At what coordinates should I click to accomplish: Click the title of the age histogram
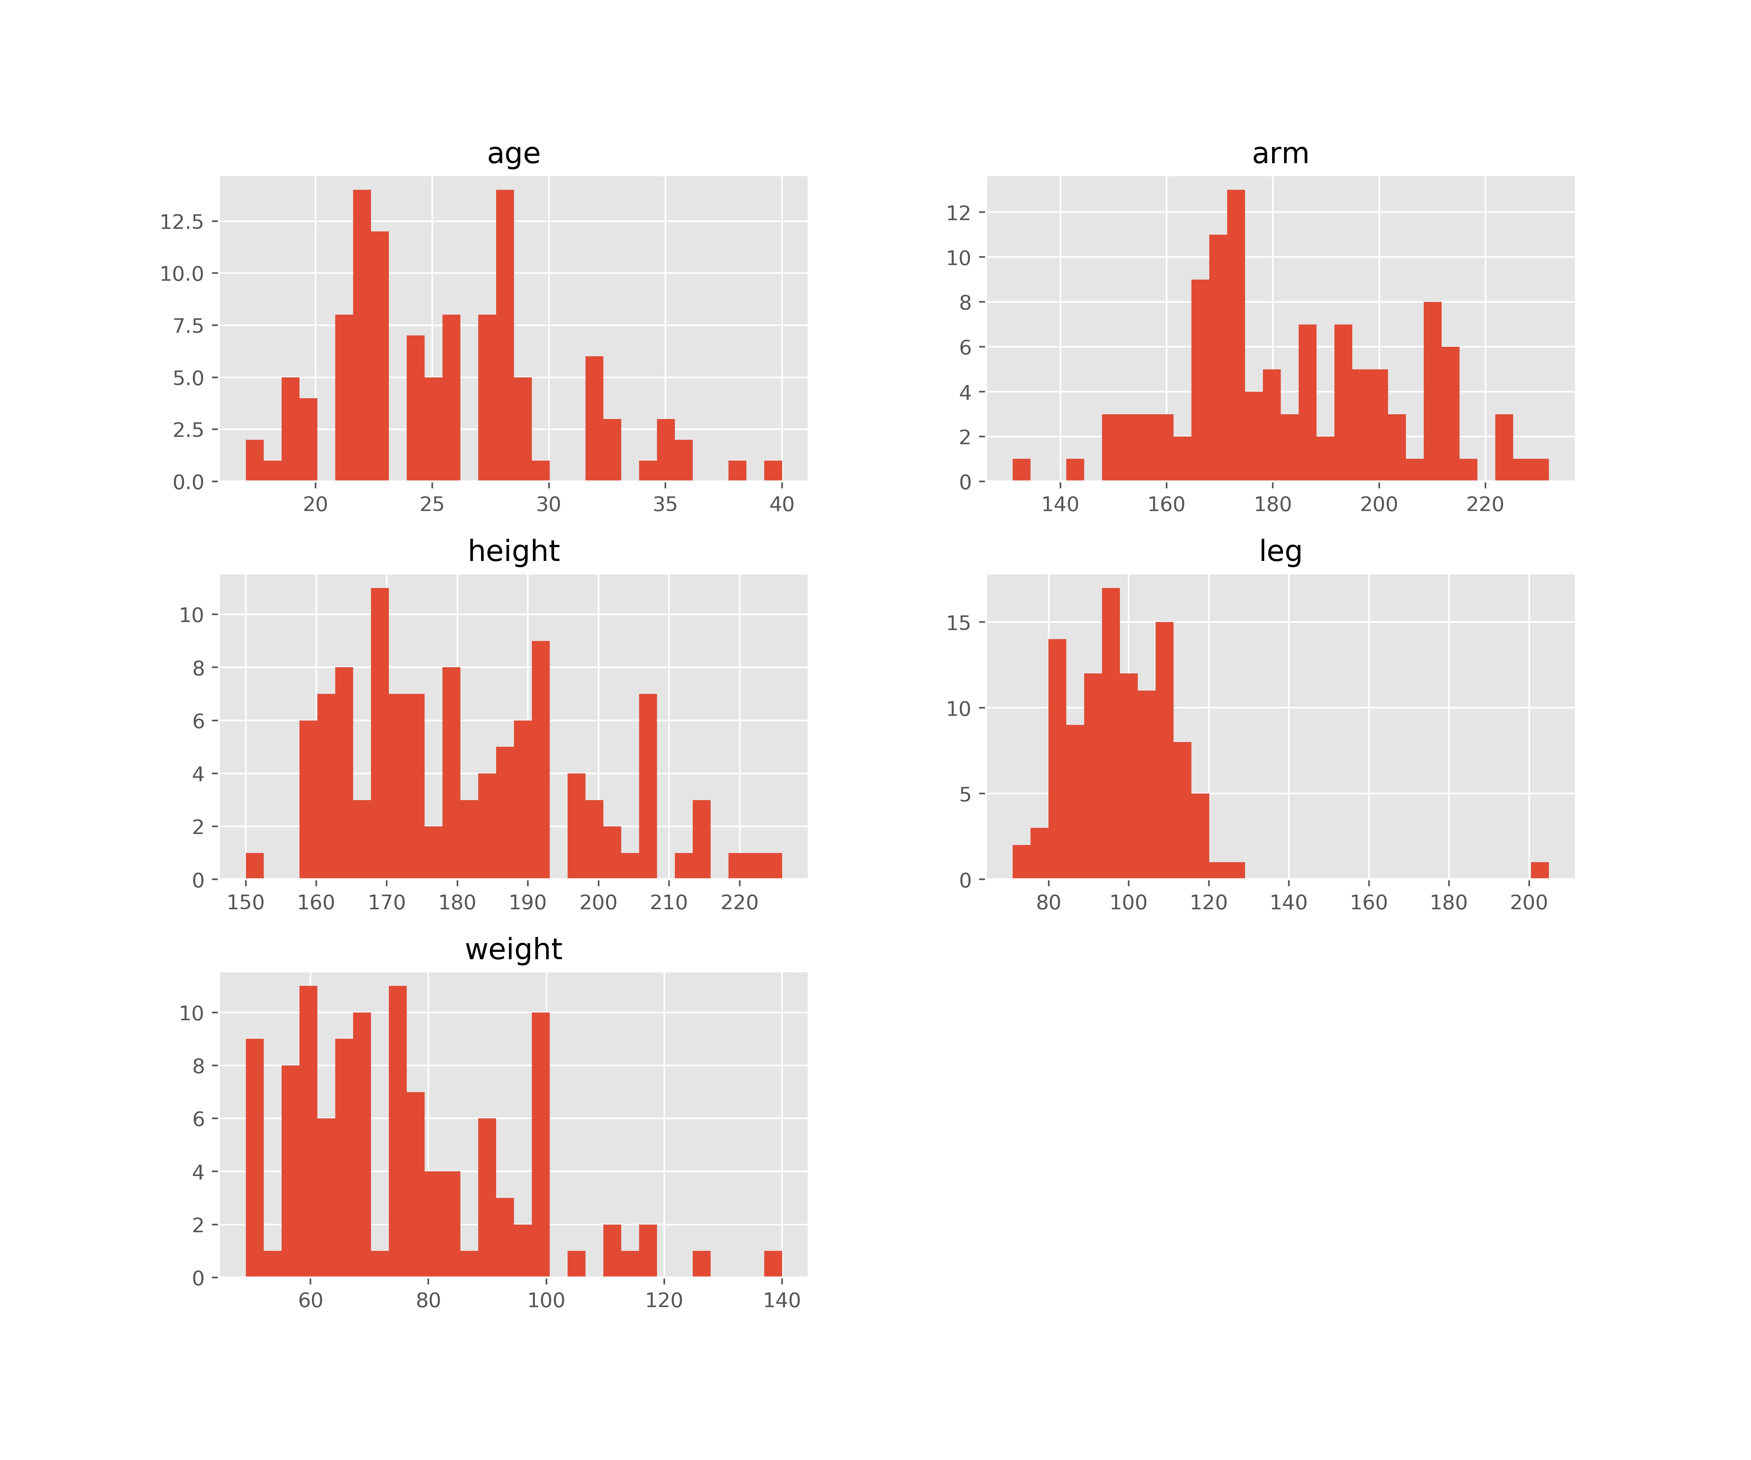tap(514, 154)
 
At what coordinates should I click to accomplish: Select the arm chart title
tap(1280, 154)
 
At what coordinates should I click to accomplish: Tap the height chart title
tap(514, 552)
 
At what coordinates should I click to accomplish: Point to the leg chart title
tap(1280, 552)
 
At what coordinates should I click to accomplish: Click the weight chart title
tap(514, 949)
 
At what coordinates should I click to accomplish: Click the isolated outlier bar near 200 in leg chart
tap(1539, 870)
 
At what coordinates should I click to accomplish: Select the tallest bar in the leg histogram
tap(1111, 734)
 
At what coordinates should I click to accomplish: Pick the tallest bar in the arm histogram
tap(1236, 334)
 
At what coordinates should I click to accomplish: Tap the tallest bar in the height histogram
tap(379, 734)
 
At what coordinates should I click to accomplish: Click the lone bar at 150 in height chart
tap(254, 866)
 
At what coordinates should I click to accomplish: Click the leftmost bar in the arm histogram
tap(1021, 470)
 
